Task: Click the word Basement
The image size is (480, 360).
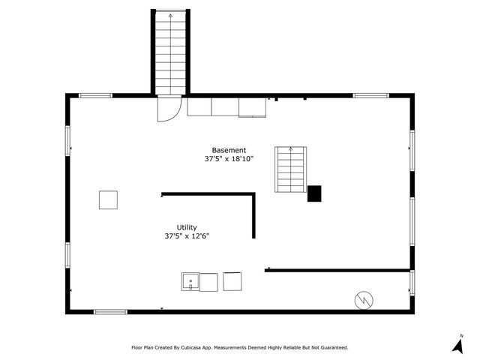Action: (228, 150)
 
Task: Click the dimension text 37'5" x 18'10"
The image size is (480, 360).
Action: (229, 159)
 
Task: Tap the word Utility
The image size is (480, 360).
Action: (187, 227)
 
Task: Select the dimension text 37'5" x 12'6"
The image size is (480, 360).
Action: (187, 236)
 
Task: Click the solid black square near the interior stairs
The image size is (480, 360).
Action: (314, 193)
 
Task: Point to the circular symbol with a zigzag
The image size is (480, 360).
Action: (363, 299)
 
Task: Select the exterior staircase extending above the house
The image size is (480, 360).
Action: (170, 52)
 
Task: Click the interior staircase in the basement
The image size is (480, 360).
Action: (290, 169)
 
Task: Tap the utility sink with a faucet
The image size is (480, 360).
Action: (190, 282)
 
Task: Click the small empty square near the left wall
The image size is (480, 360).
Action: (108, 199)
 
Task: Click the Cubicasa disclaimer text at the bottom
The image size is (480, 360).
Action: (239, 348)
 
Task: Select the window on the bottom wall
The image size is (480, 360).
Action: (110, 311)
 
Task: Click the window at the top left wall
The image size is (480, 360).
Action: (95, 95)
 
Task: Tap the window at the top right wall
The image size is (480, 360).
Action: (370, 95)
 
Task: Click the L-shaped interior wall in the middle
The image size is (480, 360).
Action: (225, 195)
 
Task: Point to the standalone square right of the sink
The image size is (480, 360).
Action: (233, 281)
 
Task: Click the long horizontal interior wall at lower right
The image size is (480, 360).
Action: (337, 270)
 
